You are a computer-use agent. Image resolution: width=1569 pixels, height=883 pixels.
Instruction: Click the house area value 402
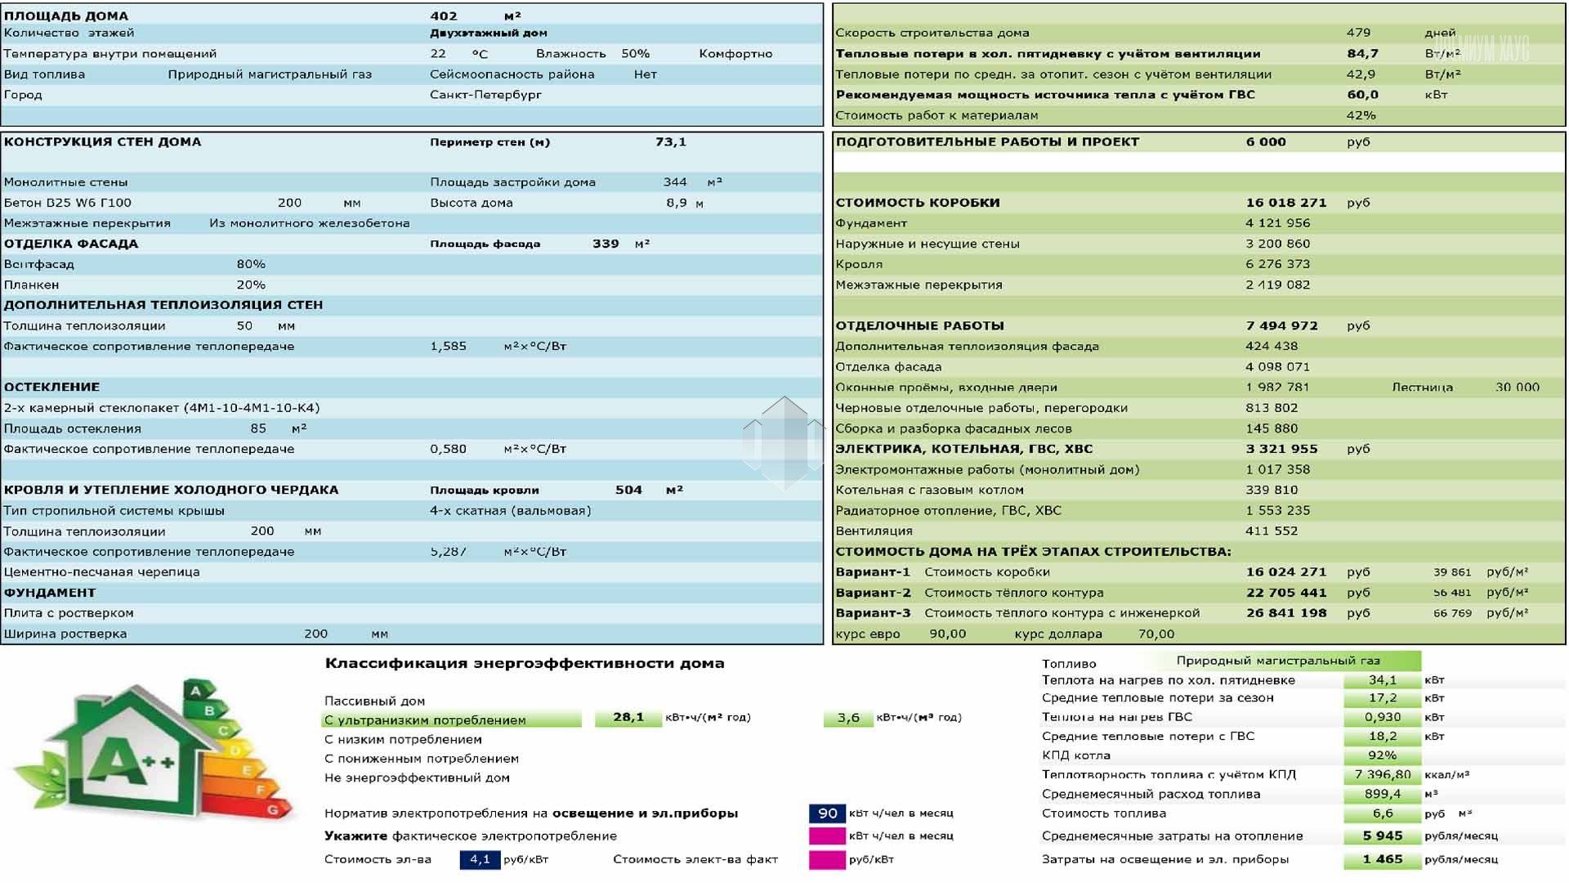point(444,16)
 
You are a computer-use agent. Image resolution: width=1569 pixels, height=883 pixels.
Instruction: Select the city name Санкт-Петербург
point(485,95)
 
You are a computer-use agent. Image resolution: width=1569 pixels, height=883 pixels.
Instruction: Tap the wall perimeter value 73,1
point(670,142)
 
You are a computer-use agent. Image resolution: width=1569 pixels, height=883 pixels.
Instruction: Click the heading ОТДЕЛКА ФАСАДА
point(71,244)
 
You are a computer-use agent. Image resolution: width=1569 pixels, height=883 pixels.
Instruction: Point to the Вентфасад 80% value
point(251,264)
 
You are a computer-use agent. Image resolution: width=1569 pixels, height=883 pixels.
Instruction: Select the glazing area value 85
point(258,428)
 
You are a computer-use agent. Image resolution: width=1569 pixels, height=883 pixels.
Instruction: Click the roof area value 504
point(628,490)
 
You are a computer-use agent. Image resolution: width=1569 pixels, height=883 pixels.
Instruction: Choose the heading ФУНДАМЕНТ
point(50,593)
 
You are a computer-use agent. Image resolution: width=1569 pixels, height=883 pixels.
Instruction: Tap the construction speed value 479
point(1358,33)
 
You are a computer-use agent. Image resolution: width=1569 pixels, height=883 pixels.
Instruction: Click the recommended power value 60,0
point(1362,95)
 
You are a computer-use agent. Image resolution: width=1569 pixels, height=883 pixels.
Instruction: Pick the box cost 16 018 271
point(1285,203)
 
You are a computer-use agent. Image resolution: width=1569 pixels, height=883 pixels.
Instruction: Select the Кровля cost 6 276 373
point(1277,264)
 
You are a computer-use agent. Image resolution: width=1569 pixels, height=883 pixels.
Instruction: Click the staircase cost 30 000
point(1517,388)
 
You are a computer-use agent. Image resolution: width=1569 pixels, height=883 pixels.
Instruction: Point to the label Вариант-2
point(873,593)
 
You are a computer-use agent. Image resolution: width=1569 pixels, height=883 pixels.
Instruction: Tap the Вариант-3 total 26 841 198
point(1285,613)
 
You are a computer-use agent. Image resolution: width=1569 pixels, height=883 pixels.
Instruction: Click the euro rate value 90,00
point(947,634)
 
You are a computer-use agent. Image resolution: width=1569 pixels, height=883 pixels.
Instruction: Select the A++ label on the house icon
point(131,763)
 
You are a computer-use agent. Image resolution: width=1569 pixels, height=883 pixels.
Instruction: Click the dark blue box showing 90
point(827,814)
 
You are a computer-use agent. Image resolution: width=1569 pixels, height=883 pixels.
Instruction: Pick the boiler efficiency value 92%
point(1382,755)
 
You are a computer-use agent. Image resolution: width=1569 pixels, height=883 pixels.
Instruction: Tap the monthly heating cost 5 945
point(1382,836)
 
